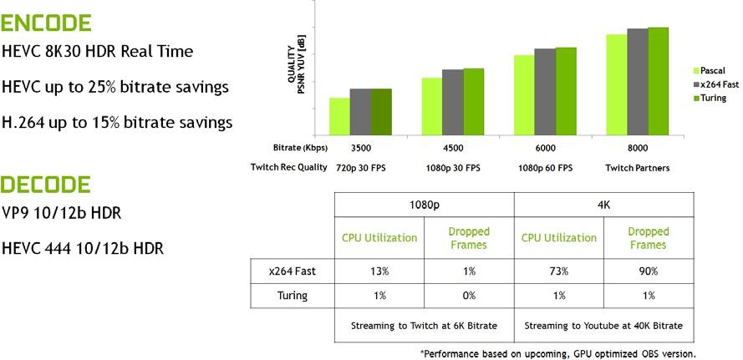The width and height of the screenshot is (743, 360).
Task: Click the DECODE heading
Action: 45,184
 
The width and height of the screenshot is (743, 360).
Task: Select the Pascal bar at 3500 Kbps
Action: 339,116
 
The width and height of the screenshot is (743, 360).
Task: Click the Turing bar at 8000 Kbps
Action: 659,81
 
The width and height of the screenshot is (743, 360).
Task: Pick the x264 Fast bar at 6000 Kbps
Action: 545,92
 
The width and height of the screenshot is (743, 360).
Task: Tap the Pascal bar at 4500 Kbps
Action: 431,106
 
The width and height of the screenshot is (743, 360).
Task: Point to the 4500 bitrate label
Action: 453,148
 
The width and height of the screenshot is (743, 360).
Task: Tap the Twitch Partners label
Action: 637,168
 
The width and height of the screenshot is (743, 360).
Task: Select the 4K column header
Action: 603,205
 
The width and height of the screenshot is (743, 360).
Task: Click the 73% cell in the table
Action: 558,271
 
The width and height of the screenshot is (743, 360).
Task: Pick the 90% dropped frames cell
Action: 648,271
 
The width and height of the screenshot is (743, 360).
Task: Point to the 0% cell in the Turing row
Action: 469,295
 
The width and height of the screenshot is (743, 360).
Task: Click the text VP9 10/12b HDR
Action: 62,214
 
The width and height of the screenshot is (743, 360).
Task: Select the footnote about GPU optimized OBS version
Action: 557,353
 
